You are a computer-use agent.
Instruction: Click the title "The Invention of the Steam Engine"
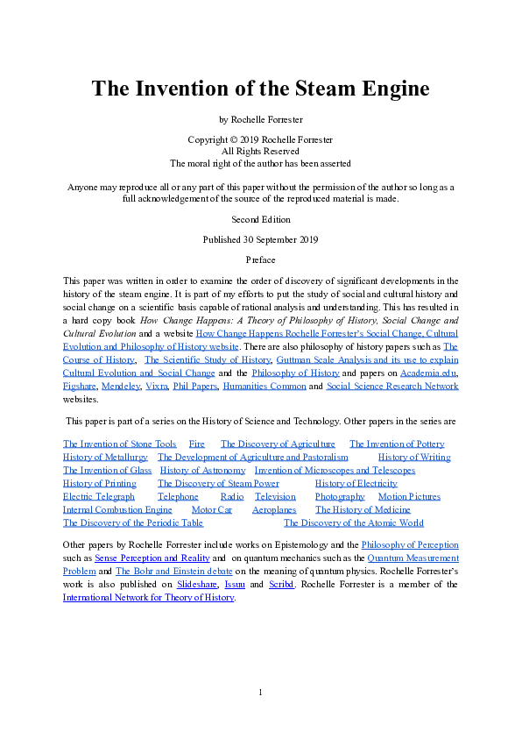click(x=260, y=89)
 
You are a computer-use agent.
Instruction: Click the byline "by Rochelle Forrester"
click(x=260, y=118)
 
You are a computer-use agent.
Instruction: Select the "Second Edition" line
click(x=260, y=218)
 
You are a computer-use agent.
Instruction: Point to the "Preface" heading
click(x=260, y=259)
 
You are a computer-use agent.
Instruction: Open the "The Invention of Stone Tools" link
click(x=119, y=444)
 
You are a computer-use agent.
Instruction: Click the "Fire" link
click(x=197, y=444)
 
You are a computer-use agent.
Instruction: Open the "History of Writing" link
click(x=414, y=458)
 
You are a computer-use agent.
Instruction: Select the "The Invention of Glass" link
click(x=101, y=471)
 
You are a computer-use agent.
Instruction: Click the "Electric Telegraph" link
click(x=99, y=497)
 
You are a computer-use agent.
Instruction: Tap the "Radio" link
click(x=232, y=497)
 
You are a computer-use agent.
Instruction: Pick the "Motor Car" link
click(x=211, y=510)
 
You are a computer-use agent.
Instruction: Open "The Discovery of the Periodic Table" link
click(x=133, y=523)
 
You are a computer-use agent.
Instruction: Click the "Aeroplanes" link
click(x=274, y=510)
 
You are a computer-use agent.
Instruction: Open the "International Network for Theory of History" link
click(x=149, y=598)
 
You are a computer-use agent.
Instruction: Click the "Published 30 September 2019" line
click(x=260, y=239)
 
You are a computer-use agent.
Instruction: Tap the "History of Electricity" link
click(x=356, y=484)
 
